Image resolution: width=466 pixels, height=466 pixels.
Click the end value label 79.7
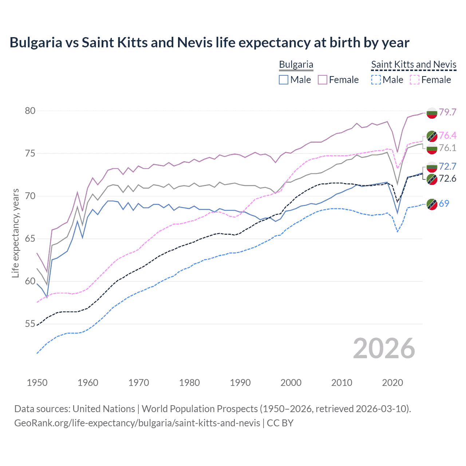point(447,112)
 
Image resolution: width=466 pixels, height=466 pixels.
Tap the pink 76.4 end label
point(447,136)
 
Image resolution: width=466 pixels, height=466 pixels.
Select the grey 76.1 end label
point(447,148)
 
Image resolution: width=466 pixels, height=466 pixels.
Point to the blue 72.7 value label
point(447,167)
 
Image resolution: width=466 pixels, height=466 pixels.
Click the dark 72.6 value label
point(447,178)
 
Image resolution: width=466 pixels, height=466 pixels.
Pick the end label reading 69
point(444,204)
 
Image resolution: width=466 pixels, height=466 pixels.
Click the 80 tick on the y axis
point(30,111)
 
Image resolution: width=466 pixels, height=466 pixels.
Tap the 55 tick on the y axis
point(30,324)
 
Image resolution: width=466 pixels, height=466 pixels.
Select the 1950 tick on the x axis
point(37,383)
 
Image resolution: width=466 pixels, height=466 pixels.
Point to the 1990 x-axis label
point(240,383)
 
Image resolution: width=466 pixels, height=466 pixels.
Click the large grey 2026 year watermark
point(384,348)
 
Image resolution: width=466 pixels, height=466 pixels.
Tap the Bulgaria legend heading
point(296,64)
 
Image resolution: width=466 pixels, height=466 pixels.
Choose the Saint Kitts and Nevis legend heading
point(414,64)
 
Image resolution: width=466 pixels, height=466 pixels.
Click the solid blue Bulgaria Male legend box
point(284,80)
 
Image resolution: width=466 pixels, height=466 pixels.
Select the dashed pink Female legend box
point(415,80)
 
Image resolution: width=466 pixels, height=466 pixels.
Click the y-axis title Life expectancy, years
point(16,233)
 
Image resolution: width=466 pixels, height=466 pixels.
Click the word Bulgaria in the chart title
point(36,43)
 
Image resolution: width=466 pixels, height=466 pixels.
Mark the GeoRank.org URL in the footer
point(137,423)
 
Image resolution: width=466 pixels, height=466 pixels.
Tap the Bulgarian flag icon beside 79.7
point(432,113)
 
